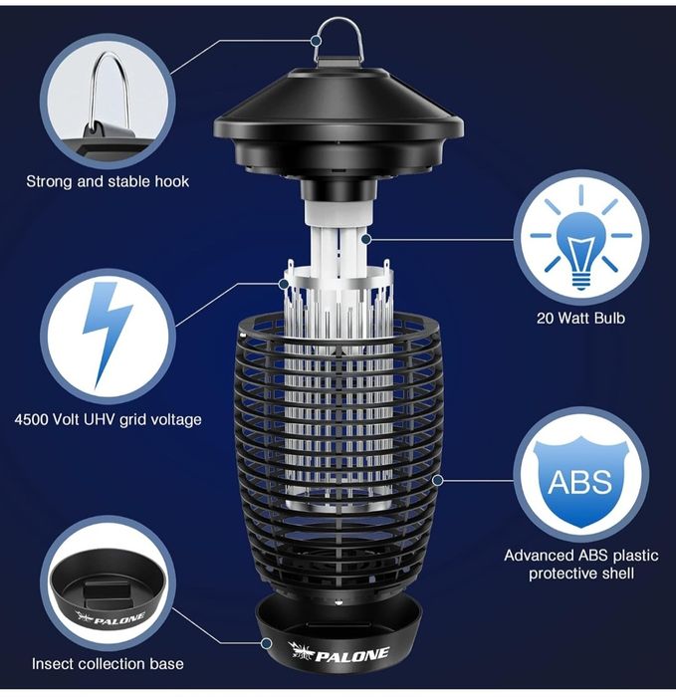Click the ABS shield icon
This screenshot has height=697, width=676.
tap(580, 480)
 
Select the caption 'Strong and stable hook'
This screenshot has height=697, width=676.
tap(108, 181)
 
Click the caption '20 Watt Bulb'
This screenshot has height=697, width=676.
tap(580, 318)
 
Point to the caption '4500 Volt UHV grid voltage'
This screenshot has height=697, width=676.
tap(108, 419)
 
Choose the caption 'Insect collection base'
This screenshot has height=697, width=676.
tap(108, 664)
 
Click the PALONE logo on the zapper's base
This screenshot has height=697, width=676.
tap(338, 652)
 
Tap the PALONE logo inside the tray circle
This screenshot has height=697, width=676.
tap(111, 618)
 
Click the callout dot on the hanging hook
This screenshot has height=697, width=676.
tap(316, 41)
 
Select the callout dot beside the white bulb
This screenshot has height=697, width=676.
tap(365, 240)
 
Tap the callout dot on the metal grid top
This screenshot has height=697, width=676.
tap(284, 283)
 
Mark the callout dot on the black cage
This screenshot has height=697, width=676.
tap(438, 480)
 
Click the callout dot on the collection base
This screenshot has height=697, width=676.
tap(267, 643)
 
